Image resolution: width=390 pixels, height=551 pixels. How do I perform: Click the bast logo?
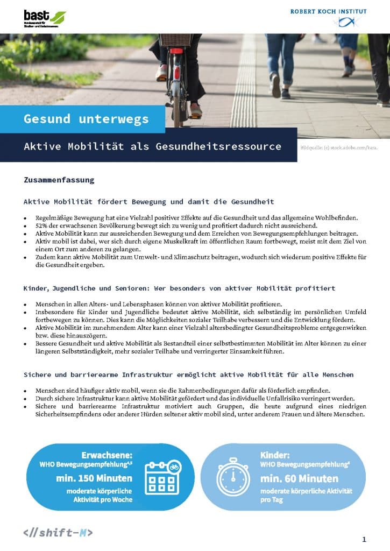point(44,17)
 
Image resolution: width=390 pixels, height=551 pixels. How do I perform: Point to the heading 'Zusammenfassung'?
point(59,180)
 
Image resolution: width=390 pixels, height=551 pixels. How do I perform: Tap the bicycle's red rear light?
point(176,51)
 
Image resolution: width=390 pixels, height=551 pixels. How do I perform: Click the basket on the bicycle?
point(176,40)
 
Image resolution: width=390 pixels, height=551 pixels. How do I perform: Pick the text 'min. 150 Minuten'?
point(94,478)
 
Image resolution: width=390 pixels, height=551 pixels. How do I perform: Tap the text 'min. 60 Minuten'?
point(299,478)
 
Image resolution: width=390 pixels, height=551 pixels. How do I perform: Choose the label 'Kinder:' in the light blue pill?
point(275,455)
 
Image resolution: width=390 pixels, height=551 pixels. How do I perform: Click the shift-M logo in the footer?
point(58,533)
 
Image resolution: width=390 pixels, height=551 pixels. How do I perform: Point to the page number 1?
point(364,539)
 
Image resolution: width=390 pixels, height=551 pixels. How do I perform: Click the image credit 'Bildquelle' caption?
point(338,147)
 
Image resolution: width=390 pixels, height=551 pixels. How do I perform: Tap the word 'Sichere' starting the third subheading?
point(38,374)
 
